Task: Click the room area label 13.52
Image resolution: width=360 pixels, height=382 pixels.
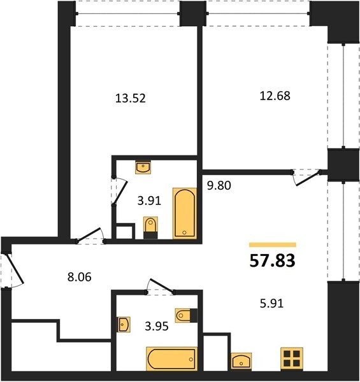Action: click(131, 99)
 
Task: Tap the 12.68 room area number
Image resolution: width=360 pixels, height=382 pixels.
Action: click(275, 95)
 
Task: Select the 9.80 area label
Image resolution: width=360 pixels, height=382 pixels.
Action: click(219, 186)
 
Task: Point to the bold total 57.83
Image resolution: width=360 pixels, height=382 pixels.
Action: click(273, 260)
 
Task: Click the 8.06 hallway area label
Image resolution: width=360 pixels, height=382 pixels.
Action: click(80, 277)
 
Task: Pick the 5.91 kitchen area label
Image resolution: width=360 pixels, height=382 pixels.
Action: click(271, 304)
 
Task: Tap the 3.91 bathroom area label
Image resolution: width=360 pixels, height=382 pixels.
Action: click(149, 201)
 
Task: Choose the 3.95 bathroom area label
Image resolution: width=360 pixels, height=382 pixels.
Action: click(157, 326)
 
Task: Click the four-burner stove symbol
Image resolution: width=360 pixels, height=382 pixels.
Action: click(292, 359)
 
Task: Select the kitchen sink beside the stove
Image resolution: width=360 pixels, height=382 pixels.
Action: click(241, 361)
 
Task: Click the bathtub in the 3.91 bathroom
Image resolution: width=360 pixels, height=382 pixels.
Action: click(185, 213)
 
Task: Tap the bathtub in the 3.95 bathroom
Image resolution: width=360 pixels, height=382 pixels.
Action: click(171, 359)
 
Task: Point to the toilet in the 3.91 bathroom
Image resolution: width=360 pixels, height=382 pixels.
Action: click(150, 227)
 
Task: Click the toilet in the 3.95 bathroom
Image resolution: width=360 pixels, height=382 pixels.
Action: click(186, 316)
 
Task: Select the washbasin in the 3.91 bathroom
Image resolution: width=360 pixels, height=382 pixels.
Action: click(143, 167)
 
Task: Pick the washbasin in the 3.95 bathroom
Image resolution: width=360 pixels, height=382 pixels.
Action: click(124, 324)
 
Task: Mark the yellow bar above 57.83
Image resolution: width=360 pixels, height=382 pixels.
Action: click(273, 245)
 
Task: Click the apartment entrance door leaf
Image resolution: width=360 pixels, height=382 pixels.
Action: click(14, 269)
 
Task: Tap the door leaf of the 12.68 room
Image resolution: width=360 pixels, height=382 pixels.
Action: click(308, 178)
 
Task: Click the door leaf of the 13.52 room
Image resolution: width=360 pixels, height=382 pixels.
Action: click(88, 234)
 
